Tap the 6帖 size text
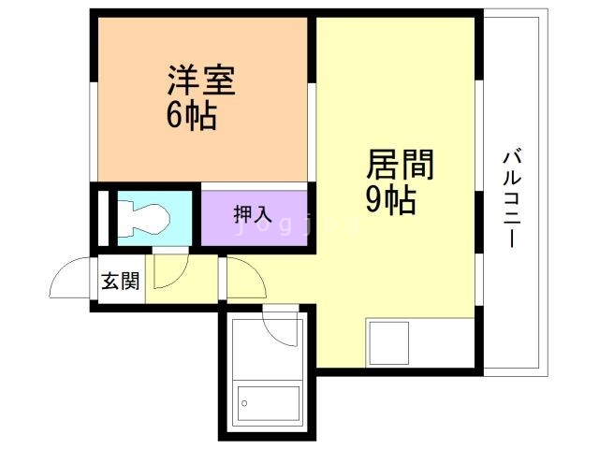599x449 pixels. pyautogui.click(x=192, y=116)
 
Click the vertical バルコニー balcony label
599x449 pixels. pyautogui.click(x=512, y=197)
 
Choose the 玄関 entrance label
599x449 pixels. pyautogui.click(x=122, y=281)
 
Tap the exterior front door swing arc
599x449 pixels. pyautogui.click(x=73, y=277)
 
